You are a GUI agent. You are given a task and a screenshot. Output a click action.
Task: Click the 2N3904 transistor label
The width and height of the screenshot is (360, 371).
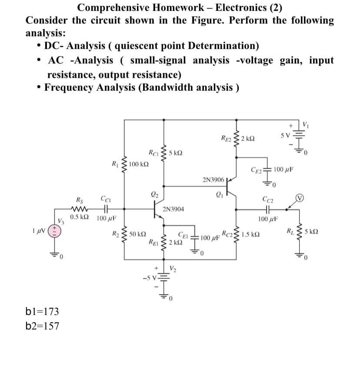[x=173, y=209]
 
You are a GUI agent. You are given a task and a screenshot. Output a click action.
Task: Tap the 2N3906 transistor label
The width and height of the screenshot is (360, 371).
[x=213, y=179]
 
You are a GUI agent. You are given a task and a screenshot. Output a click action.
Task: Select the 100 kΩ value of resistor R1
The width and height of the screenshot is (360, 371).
[x=139, y=164]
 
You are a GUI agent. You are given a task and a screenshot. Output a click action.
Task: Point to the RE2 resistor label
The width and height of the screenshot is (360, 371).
[x=227, y=139]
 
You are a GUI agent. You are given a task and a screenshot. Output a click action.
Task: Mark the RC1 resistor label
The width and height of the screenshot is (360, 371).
[x=153, y=153]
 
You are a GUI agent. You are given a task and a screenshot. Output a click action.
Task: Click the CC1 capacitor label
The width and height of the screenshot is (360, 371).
[x=105, y=200]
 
